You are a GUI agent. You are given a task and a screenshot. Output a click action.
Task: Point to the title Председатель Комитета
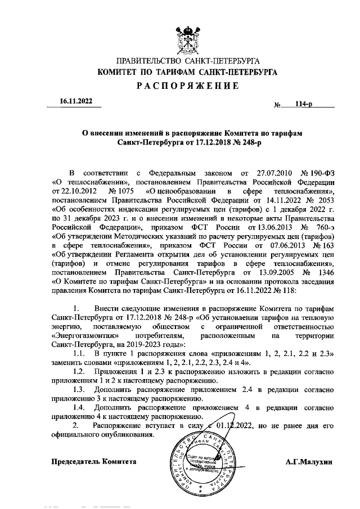[94, 461]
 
